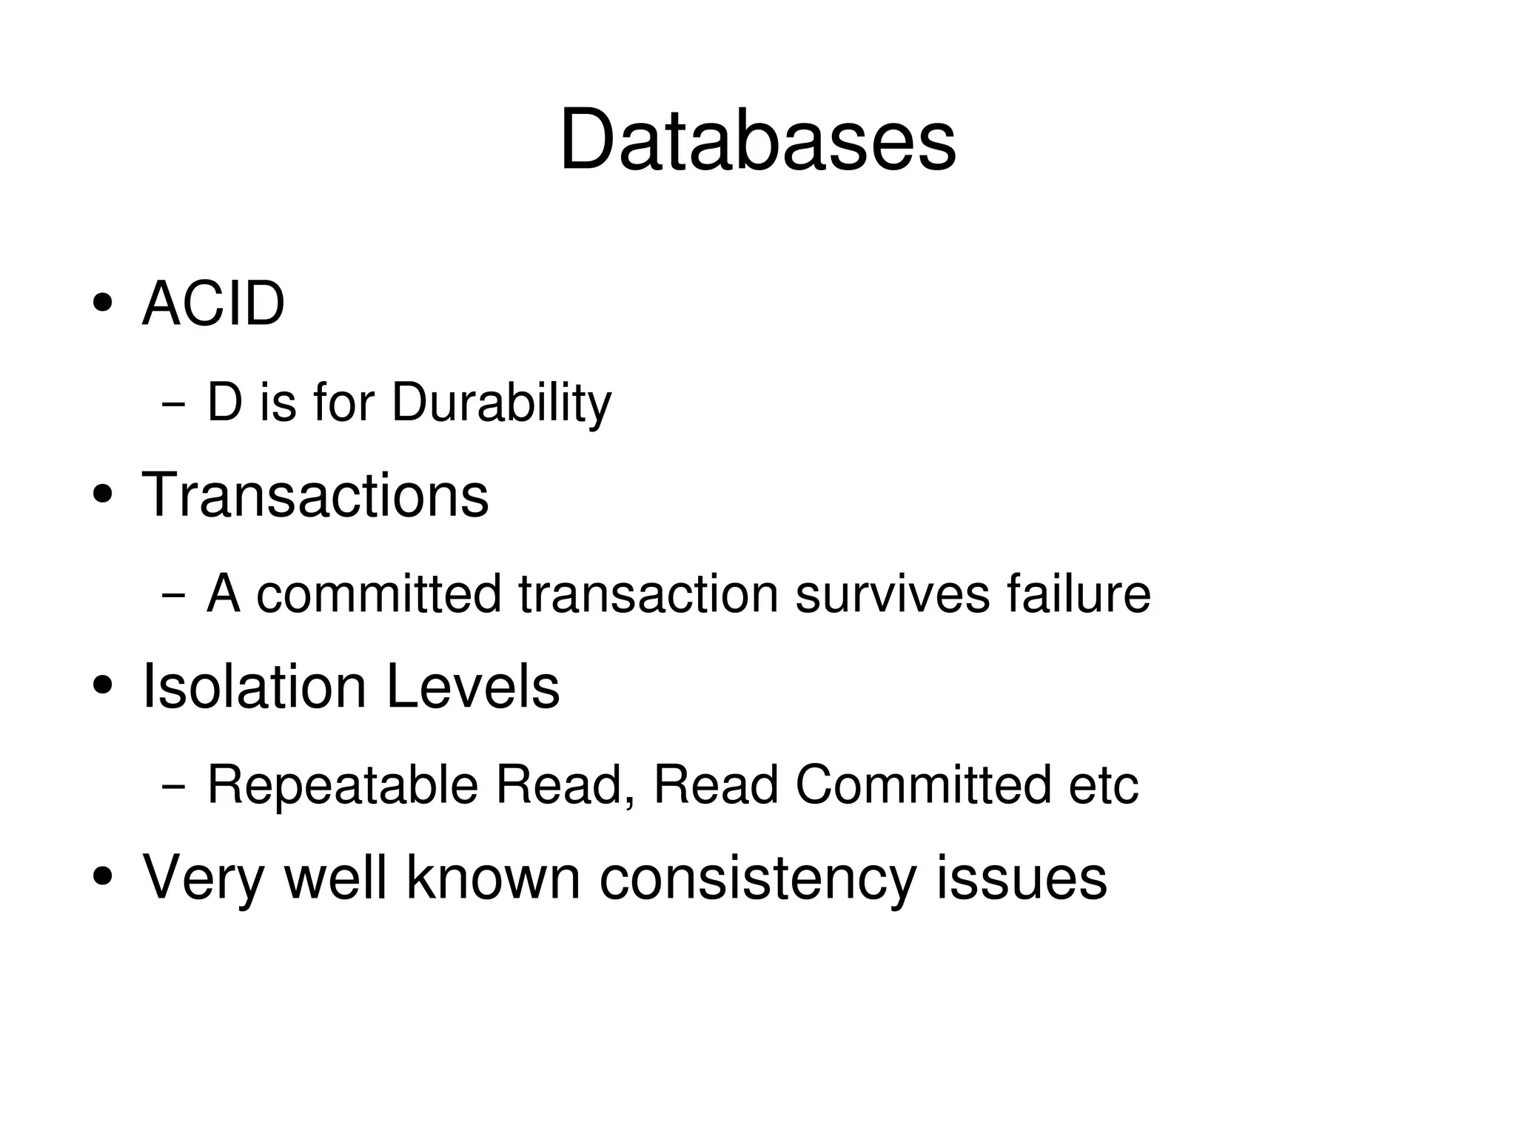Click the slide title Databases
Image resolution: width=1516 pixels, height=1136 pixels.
click(x=757, y=141)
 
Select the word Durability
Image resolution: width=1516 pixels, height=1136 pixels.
click(x=501, y=403)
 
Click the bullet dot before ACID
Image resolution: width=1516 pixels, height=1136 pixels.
click(x=103, y=303)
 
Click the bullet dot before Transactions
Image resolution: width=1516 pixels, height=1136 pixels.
click(x=103, y=494)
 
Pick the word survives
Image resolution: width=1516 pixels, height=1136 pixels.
click(x=892, y=594)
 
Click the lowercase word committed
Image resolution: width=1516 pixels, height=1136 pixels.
click(x=379, y=594)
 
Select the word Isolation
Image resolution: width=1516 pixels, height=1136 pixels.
click(x=254, y=686)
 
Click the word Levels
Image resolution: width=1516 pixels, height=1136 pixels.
click(x=473, y=686)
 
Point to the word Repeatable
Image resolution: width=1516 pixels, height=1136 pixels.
click(x=342, y=784)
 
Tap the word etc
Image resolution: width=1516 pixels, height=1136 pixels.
click(x=1103, y=784)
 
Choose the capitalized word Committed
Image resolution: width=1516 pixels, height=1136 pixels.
click(x=923, y=784)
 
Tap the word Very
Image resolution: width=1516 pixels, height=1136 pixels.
click(x=203, y=878)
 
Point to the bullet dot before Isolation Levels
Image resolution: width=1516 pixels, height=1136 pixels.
click(x=103, y=685)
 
